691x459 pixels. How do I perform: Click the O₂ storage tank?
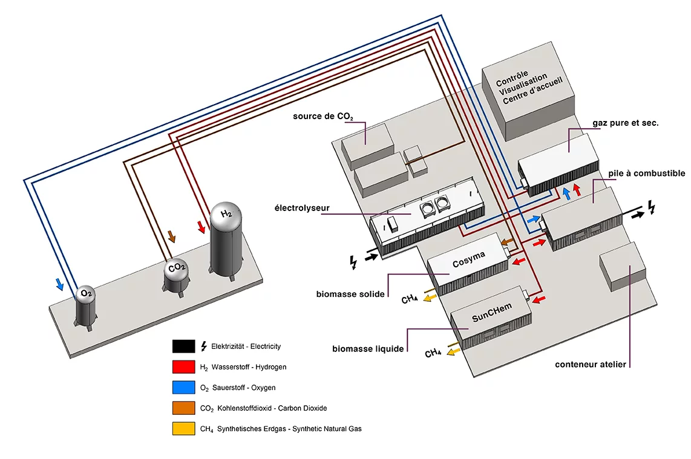[x=86, y=305]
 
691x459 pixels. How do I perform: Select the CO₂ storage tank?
[x=177, y=276]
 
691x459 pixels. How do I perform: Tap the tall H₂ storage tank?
[x=226, y=239]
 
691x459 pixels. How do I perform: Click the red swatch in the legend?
[x=183, y=366]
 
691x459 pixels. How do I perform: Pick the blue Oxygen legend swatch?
[x=183, y=387]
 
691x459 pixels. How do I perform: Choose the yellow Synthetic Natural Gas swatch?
[x=183, y=428]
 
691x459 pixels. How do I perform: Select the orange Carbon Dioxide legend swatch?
[x=183, y=408]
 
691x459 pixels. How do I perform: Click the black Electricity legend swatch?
[x=183, y=346]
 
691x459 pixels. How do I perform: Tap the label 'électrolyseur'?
[x=301, y=208]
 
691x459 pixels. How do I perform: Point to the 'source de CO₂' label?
[x=323, y=116]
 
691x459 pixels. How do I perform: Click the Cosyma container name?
[x=469, y=263]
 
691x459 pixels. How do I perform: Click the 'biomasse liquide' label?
[x=368, y=349]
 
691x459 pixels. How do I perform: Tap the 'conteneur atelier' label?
[x=591, y=365]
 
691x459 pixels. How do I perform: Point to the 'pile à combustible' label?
[x=647, y=174]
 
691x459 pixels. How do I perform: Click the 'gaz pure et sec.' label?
[x=625, y=123]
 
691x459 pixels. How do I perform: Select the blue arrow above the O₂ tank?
[x=59, y=284]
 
